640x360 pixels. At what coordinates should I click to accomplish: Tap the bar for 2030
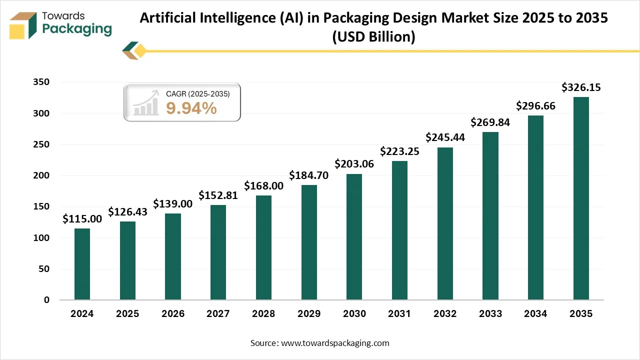(x=354, y=237)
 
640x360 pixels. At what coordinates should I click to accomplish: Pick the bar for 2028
(x=263, y=247)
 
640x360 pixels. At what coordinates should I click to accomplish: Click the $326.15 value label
(x=580, y=87)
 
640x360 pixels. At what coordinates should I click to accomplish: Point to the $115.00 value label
(x=82, y=219)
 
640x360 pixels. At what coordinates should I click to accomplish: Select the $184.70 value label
(x=309, y=175)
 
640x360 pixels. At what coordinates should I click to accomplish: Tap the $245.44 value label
(x=445, y=137)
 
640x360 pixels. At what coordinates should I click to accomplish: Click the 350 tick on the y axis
(x=41, y=82)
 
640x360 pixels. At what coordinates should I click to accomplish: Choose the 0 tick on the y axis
(x=46, y=300)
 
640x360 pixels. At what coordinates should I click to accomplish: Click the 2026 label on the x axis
(x=172, y=314)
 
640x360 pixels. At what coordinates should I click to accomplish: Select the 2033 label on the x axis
(x=490, y=314)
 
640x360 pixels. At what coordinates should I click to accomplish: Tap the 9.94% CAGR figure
(x=191, y=107)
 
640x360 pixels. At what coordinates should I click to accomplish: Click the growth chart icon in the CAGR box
(x=145, y=103)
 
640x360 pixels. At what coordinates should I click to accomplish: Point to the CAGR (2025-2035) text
(x=197, y=93)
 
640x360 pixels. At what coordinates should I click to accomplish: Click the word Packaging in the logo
(x=77, y=29)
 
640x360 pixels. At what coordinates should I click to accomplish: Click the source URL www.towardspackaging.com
(x=335, y=343)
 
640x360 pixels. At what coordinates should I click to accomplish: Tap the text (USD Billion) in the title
(x=373, y=37)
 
